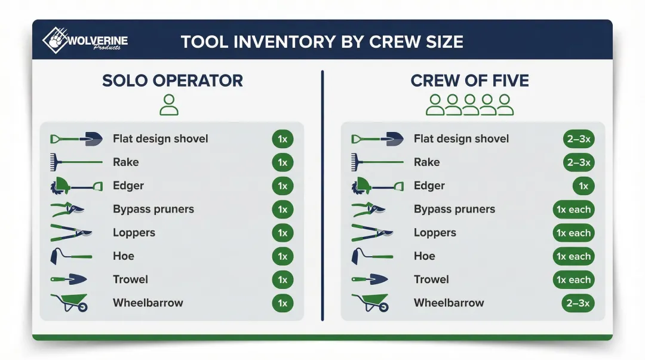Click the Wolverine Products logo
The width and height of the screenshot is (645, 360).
[84, 40]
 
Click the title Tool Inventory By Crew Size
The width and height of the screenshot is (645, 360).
[321, 42]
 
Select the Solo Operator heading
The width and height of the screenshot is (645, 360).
[173, 81]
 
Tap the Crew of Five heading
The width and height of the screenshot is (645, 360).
[469, 81]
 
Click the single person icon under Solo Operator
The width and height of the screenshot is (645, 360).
[170, 105]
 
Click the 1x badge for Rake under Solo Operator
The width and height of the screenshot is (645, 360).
[282, 162]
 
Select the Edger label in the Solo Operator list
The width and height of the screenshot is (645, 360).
[128, 186]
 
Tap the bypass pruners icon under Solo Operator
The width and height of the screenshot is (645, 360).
[67, 210]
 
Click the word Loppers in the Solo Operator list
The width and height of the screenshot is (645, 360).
[134, 233]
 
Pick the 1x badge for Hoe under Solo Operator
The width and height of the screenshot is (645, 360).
[282, 256]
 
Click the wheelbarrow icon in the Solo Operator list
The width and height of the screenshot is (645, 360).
[70, 302]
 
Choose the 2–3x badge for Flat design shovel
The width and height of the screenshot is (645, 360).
[578, 139]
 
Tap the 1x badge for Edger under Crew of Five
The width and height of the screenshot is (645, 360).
[583, 186]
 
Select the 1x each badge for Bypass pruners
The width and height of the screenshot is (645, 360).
[573, 210]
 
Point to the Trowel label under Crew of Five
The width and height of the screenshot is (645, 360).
[431, 279]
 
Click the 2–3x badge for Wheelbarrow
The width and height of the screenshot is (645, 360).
[578, 303]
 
